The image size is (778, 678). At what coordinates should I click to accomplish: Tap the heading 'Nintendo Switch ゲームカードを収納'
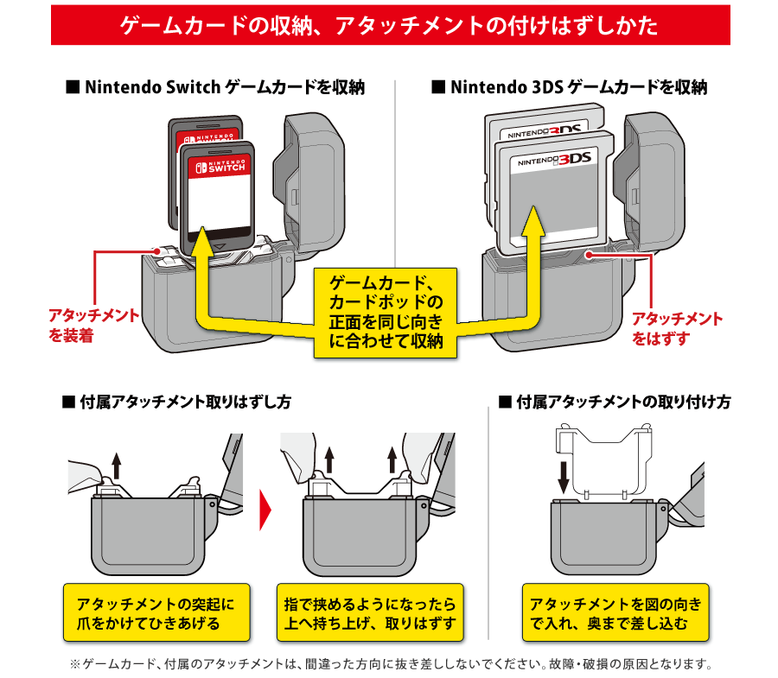coord(215,87)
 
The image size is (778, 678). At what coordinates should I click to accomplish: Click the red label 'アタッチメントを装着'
coord(93,325)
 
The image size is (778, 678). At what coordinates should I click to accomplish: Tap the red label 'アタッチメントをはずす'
coord(677,329)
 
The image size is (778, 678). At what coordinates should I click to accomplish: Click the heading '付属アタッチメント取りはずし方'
coord(176,402)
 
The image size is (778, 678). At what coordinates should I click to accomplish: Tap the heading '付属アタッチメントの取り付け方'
coord(615,402)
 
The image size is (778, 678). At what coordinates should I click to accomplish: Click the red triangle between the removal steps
coord(265,509)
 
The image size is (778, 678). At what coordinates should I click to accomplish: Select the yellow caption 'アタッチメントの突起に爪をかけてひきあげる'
coord(156,612)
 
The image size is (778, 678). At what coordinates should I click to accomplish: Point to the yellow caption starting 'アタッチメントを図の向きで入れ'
coord(615,612)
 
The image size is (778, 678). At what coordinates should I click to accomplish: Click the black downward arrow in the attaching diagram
coord(564,475)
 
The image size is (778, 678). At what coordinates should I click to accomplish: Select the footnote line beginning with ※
coord(389,665)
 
